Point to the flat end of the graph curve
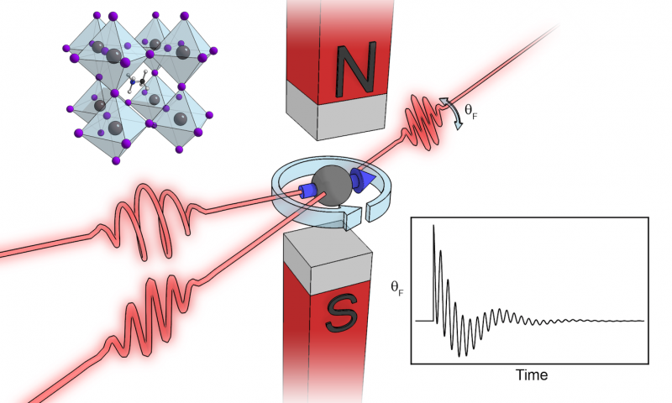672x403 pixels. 622,321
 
